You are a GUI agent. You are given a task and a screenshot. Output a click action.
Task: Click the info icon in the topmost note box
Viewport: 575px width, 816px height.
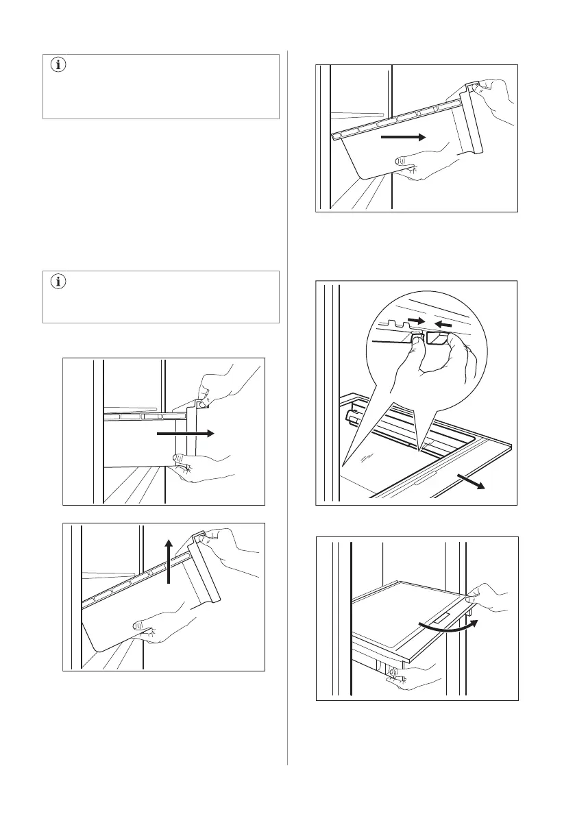tap(57, 66)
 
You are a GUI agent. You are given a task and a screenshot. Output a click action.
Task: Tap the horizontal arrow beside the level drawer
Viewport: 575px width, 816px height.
tap(185, 433)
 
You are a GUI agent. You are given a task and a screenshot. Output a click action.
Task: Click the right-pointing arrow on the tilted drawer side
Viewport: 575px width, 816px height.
tap(404, 137)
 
